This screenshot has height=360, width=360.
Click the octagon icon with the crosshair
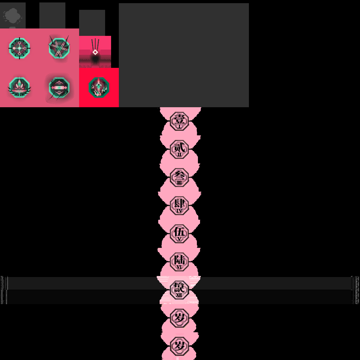(19, 48)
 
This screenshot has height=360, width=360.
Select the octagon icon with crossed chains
(59, 48)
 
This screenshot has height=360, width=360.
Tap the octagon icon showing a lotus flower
(19, 88)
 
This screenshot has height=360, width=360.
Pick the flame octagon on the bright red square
(99, 87)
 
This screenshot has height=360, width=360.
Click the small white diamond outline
(95, 52)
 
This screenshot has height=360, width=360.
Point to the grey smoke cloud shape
(12, 15)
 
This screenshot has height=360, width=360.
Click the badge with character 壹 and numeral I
(179, 121)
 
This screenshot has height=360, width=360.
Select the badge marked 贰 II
(179, 149)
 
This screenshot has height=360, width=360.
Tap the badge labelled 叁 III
(179, 177)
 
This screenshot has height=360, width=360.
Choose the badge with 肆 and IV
(179, 205)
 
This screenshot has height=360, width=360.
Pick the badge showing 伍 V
(179, 233)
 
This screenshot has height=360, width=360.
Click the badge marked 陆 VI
(179, 262)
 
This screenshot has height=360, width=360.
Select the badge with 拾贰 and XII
(179, 290)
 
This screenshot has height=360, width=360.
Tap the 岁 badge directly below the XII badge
(179, 318)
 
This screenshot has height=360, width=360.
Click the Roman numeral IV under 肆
(179, 211)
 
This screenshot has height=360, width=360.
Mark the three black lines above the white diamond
(95, 44)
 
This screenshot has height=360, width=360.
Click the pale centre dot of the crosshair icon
(19, 48)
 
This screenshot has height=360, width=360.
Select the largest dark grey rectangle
(184, 55)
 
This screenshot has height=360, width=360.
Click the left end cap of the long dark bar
(4, 290)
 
